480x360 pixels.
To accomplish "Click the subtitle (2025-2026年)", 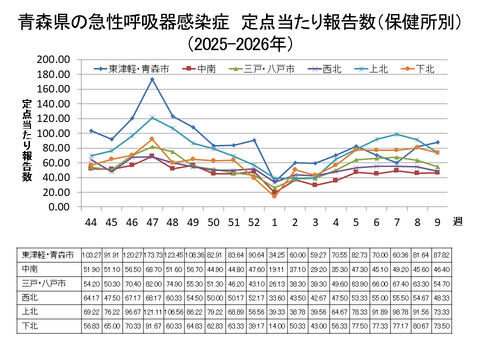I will (240, 43).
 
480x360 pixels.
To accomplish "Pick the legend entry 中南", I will (206, 69).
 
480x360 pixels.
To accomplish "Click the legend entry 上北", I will (378, 69).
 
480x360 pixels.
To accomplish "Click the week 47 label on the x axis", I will (150, 220).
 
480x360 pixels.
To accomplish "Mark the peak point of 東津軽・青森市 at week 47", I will (151, 79).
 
